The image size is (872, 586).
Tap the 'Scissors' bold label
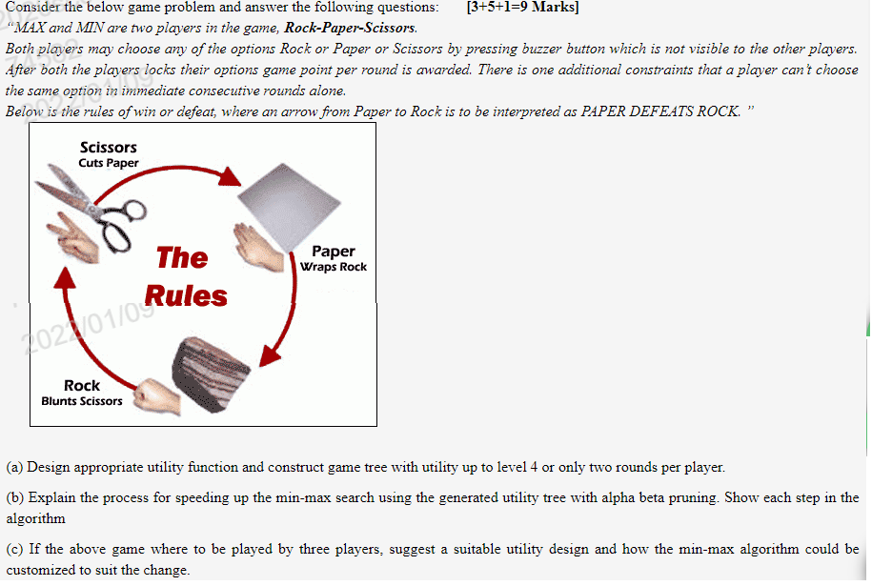109,147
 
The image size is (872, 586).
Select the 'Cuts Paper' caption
109,163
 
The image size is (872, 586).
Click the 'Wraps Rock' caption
333,267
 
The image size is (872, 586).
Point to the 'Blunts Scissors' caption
82,401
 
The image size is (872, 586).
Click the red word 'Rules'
186,296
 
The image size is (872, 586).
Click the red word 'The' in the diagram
182,257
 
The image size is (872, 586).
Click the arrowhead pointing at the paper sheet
229,177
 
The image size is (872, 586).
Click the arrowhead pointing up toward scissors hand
64,275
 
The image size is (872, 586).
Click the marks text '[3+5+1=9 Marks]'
523,8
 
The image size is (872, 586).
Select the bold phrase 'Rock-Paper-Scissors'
352,28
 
